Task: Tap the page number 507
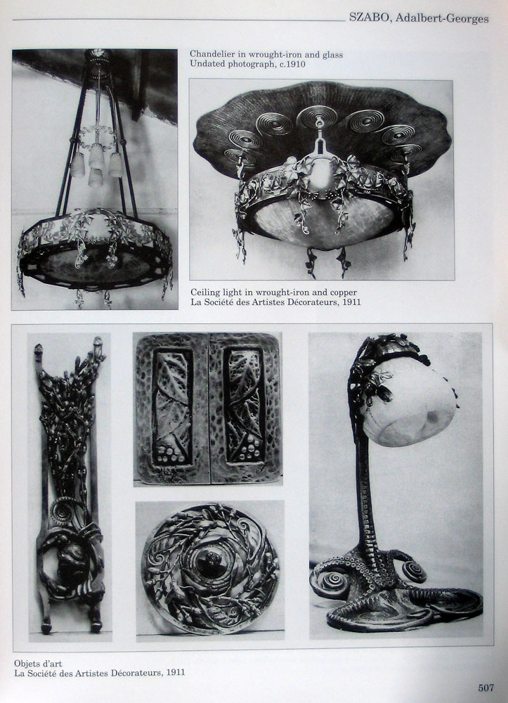(486, 688)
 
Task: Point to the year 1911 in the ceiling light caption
(351, 302)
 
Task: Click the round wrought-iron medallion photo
(210, 569)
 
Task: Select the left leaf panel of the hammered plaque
(172, 406)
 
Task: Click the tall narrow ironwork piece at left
(70, 484)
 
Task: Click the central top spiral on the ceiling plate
(318, 117)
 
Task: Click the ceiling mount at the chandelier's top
(98, 57)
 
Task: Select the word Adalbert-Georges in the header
(442, 18)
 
